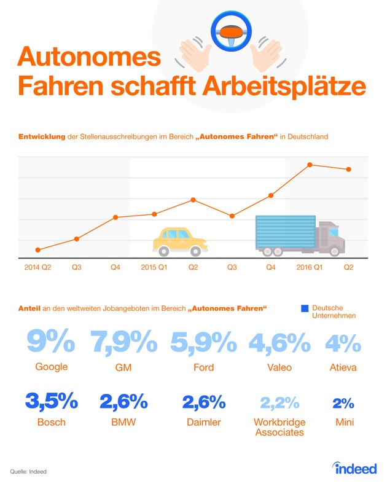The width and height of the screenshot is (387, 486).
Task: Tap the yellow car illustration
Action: pos(178,241)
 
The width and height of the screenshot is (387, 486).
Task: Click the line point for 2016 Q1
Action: pos(310,165)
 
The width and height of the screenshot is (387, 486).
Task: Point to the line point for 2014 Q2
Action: pos(38,250)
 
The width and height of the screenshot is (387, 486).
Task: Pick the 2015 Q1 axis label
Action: pos(154,267)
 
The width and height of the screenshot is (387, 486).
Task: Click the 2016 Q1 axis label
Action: pos(309,267)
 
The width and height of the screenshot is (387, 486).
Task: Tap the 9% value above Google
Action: pos(52,342)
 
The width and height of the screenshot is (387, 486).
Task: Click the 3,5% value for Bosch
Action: pos(52,402)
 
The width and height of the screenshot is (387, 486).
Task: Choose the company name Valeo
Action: pos(279,367)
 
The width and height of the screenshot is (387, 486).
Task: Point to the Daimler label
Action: pos(203,423)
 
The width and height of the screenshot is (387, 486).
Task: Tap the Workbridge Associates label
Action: pos(279,428)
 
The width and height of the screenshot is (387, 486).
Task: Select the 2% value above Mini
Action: pos(343,404)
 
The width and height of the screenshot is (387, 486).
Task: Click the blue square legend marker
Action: pos(305,308)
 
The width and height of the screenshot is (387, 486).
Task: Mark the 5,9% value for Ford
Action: pos(203,342)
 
